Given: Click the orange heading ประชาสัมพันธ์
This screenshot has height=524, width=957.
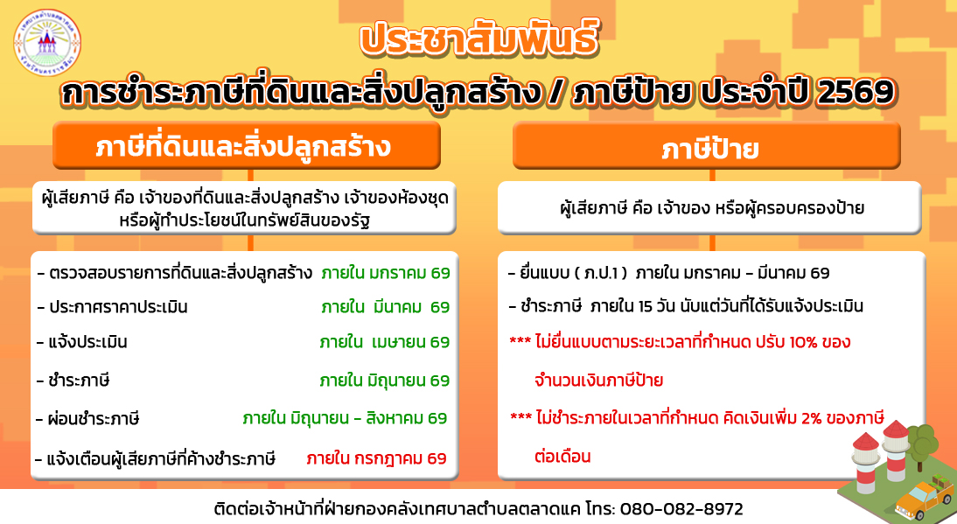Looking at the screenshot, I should pyautogui.click(x=478, y=41).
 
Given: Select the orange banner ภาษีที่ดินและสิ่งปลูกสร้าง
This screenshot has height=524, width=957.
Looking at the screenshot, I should pyautogui.click(x=243, y=147).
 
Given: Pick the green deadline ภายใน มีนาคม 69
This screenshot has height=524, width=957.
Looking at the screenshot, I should pyautogui.click(x=385, y=307).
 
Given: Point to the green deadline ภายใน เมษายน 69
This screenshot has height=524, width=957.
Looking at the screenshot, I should pyautogui.click(x=385, y=341).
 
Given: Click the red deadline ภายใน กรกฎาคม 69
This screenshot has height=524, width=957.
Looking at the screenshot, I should pyautogui.click(x=376, y=458).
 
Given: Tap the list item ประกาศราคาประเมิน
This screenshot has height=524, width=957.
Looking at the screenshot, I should pyautogui.click(x=113, y=307).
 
